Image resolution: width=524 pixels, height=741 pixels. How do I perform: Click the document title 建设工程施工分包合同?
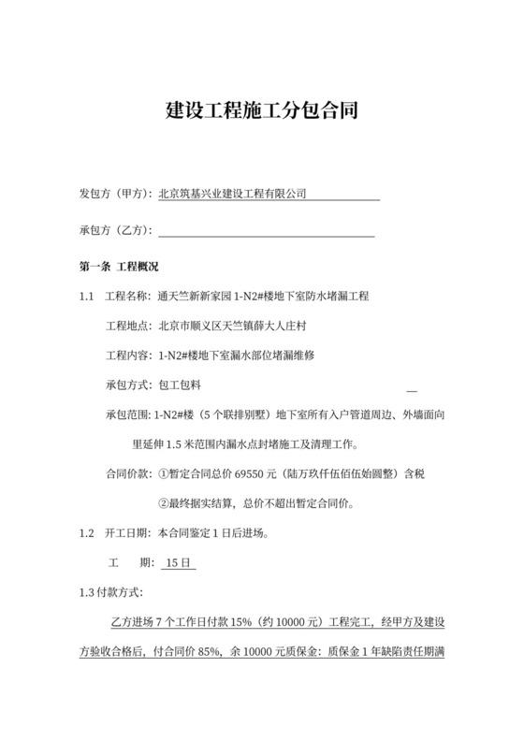[261, 110]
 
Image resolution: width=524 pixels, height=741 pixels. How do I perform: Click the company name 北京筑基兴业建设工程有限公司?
[233, 194]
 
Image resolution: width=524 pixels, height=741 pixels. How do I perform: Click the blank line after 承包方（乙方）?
[267, 232]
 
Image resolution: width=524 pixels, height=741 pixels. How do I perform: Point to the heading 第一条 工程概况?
[119, 268]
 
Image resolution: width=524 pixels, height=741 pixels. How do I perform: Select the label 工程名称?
[129, 297]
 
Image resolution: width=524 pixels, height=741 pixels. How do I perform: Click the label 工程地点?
[129, 326]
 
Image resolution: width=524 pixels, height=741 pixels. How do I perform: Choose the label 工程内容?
[129, 356]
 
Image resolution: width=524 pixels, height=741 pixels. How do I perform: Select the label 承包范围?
[129, 414]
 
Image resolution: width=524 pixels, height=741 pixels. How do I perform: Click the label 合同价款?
[129, 474]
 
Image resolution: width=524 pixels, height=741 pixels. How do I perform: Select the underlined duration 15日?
[178, 563]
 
